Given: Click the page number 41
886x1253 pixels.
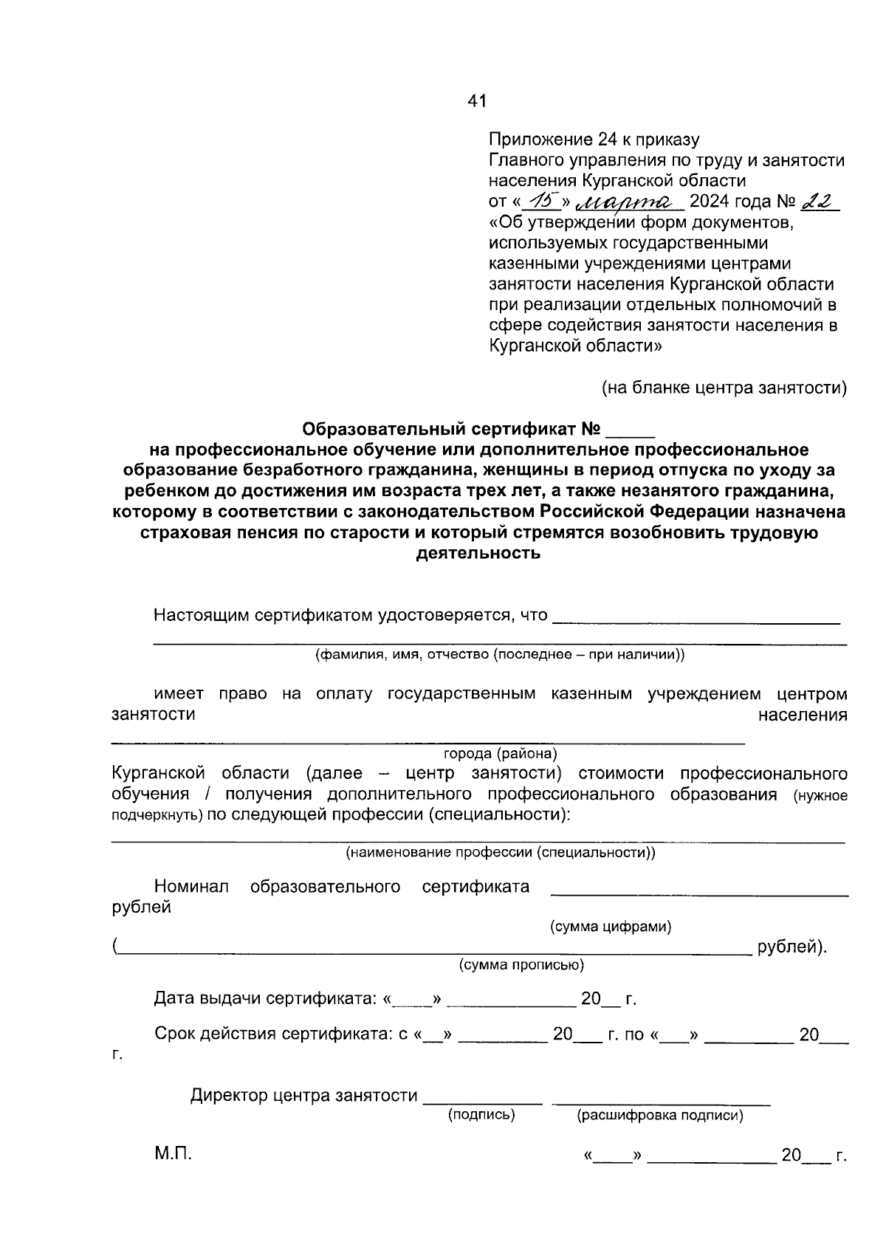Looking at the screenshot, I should [477, 102].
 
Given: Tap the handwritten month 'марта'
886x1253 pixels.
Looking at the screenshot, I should [631, 201].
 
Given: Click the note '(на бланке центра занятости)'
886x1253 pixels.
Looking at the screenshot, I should [724, 388].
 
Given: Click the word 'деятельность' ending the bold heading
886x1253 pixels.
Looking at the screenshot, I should [478, 553].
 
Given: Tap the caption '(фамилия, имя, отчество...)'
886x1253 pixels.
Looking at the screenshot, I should [500, 654].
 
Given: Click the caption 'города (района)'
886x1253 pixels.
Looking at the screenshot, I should [500, 754].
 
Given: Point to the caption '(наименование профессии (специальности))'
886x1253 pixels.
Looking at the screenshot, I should [501, 853].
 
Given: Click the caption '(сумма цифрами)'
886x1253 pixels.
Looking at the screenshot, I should [611, 927].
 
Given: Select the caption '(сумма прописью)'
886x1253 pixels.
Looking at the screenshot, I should [521, 965].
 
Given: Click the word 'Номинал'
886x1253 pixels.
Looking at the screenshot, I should [191, 887].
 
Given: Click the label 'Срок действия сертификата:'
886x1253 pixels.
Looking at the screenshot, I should [273, 1034].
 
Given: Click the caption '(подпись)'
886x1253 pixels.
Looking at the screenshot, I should [481, 1115].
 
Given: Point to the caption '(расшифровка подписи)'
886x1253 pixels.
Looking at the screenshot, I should [659, 1116].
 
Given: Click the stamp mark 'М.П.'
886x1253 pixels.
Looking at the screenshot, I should [173, 1155].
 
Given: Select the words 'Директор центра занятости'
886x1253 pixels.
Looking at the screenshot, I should [303, 1096].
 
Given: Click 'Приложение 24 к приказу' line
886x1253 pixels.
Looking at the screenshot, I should [594, 140].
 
